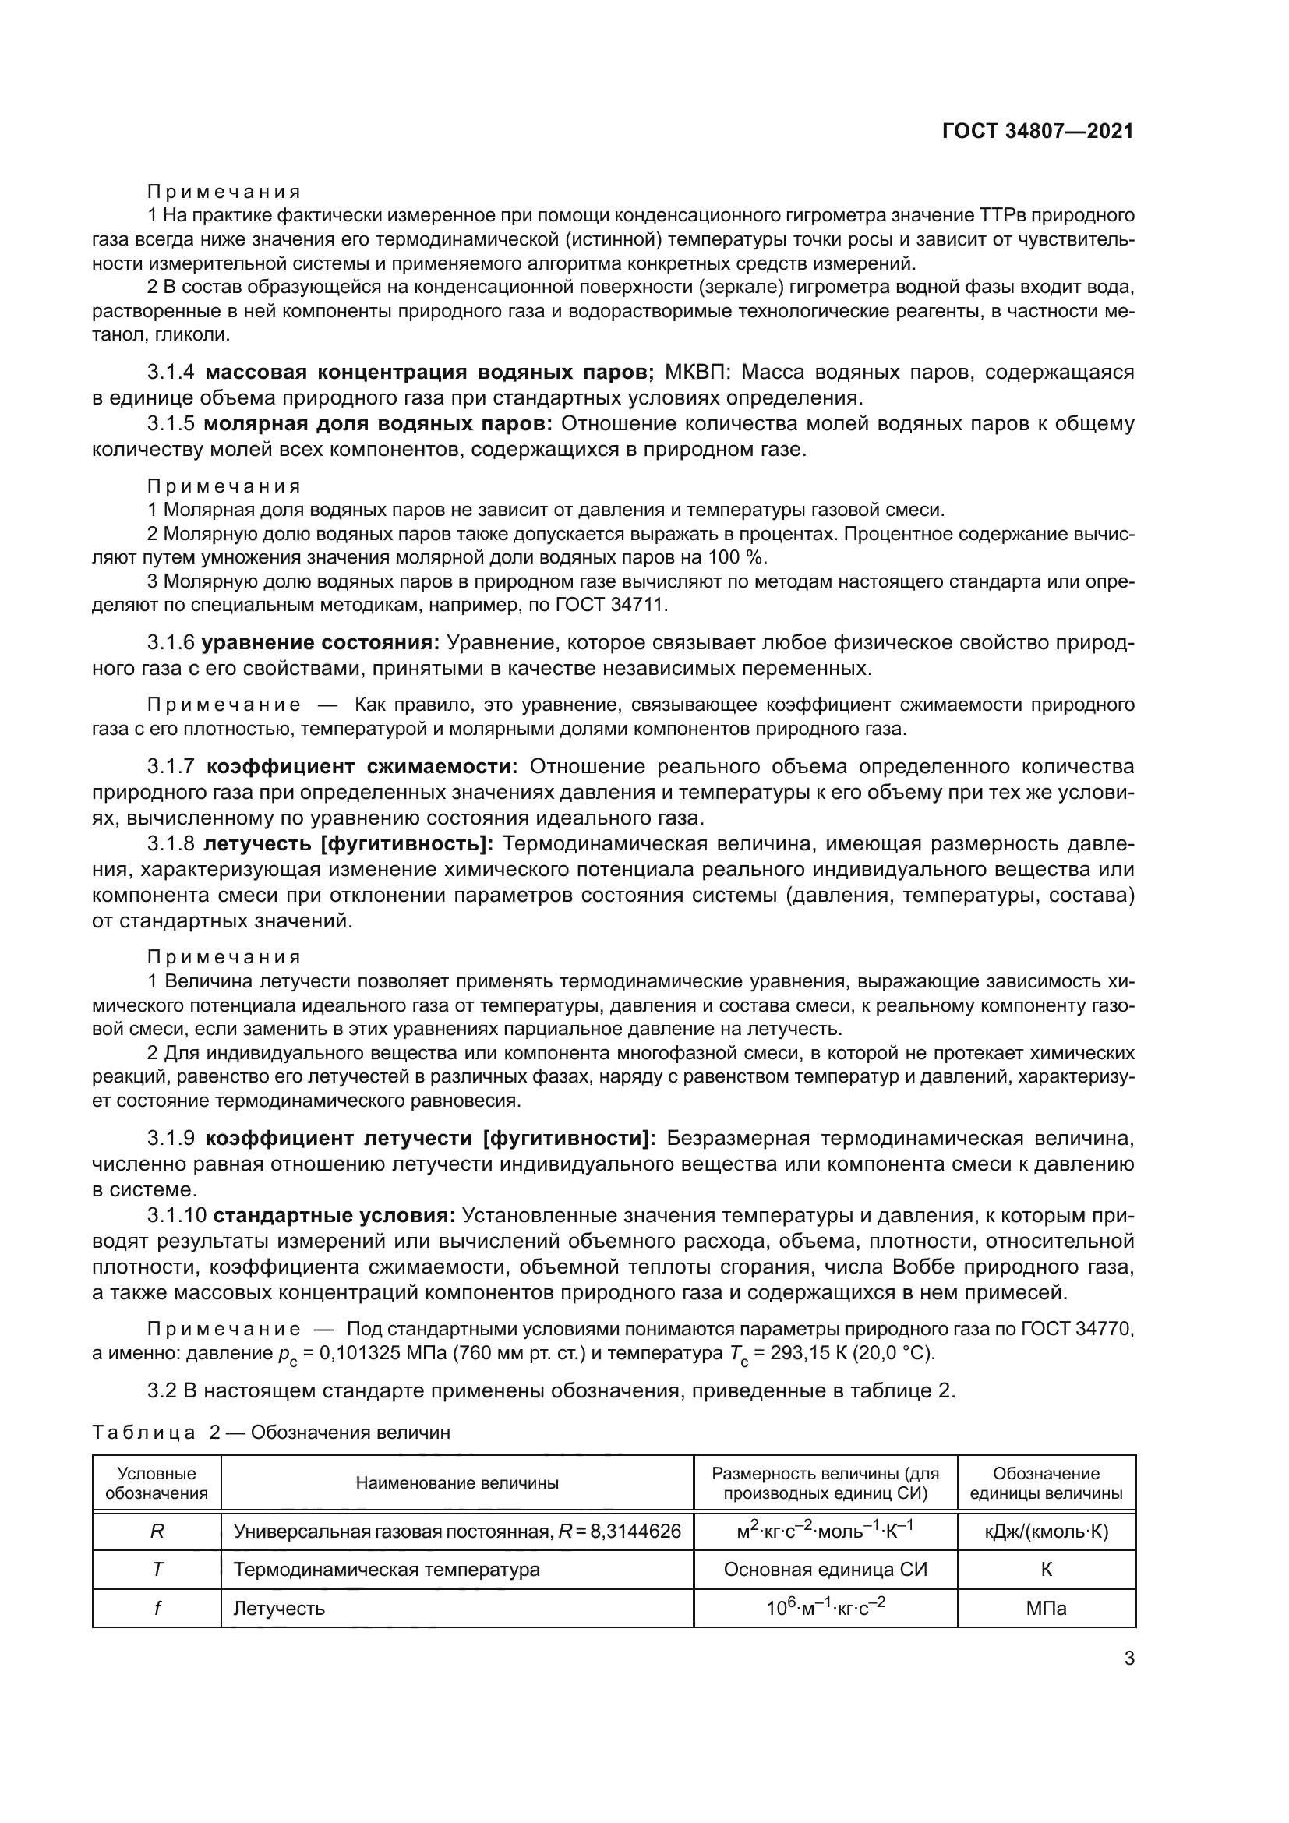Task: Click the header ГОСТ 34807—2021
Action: [1037, 131]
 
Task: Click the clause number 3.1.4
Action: [171, 372]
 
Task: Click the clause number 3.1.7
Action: [171, 766]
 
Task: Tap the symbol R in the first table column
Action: [157, 1532]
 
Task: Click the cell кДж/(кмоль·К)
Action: [1045, 1532]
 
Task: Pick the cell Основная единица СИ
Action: [825, 1570]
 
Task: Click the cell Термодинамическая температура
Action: [386, 1570]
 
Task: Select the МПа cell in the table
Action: [1045, 1609]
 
